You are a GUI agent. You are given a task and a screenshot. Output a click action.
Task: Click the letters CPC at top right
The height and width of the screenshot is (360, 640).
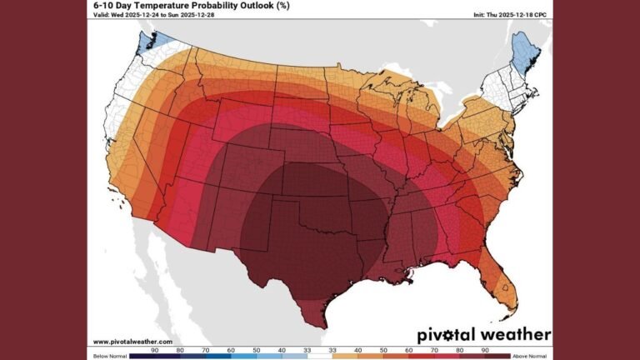pos(544,16)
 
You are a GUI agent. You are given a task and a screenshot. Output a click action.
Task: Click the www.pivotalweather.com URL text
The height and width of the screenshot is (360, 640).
pos(132,342)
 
